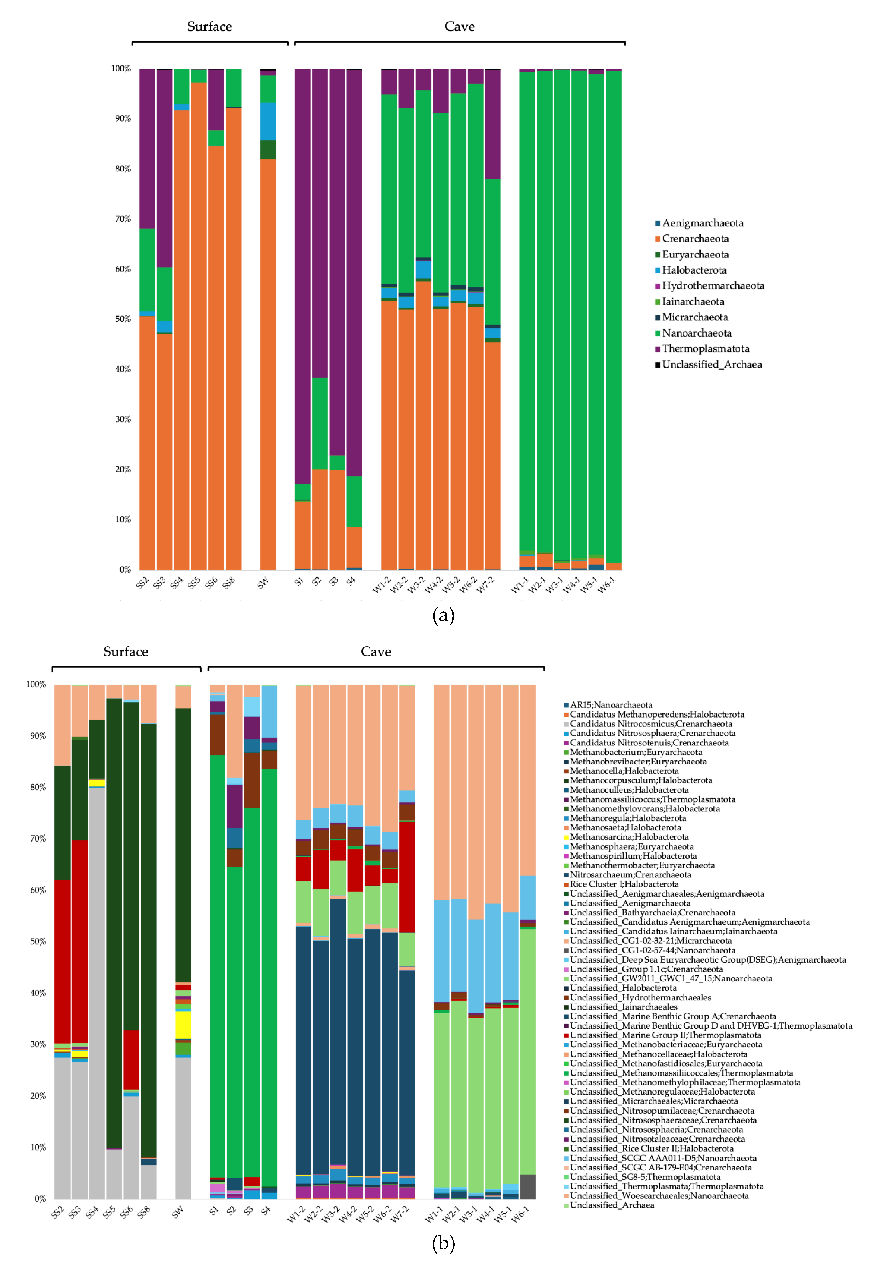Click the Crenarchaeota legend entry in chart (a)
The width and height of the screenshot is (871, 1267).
point(695,239)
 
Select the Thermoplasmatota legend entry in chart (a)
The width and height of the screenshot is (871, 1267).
point(705,349)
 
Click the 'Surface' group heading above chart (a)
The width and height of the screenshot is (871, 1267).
point(210,26)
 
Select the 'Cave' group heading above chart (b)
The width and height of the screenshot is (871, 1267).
point(376,652)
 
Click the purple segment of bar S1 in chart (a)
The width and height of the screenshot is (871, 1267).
point(303,273)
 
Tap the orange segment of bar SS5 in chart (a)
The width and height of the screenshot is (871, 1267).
point(199,328)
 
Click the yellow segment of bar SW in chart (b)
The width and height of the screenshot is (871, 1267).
point(183,1025)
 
